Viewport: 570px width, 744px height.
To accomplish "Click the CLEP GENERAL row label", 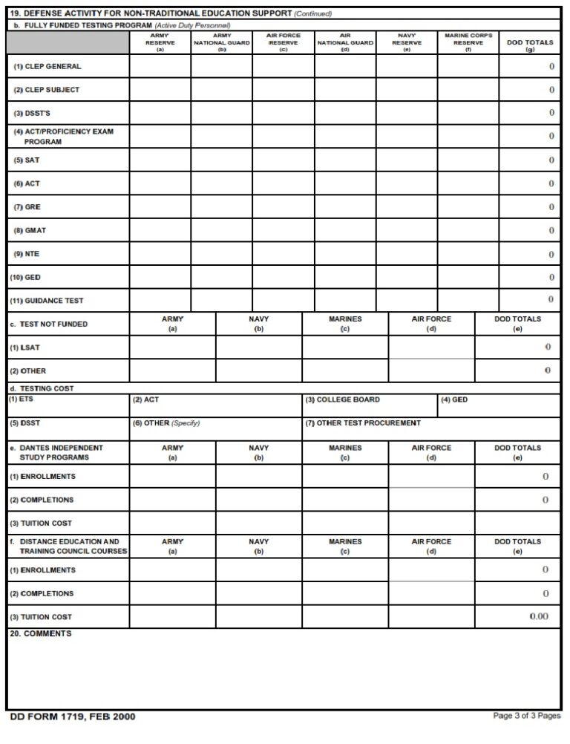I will pyautogui.click(x=47, y=67).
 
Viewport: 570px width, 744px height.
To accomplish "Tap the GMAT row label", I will pyautogui.click(x=31, y=231).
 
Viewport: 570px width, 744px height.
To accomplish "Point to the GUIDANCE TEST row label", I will pyautogui.click(x=46, y=301).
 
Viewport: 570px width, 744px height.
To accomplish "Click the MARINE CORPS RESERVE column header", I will pyautogui.click(x=468, y=42).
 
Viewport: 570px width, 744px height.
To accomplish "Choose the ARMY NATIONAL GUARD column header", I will pyautogui.click(x=222, y=42).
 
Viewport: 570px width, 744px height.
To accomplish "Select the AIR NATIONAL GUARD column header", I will pyautogui.click(x=345, y=42).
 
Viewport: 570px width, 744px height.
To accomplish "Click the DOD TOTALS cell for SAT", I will pyautogui.click(x=529, y=160).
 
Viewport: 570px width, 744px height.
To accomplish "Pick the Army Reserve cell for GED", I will pyautogui.click(x=160, y=277).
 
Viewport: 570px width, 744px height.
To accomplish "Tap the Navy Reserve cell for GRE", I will pyautogui.click(x=406, y=207).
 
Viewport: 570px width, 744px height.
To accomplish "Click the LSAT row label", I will pyautogui.click(x=25, y=347).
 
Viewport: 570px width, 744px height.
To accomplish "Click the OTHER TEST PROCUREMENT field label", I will pyautogui.click(x=363, y=423).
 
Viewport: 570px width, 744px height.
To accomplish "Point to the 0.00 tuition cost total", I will pyautogui.click(x=539, y=617).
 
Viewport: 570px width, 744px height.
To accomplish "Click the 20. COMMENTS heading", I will pyautogui.click(x=41, y=634).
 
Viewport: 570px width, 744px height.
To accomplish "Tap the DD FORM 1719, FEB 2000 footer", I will pyautogui.click(x=73, y=717).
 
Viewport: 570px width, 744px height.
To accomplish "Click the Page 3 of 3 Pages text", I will pyautogui.click(x=527, y=716).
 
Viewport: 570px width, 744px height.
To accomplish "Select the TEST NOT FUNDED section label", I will pyautogui.click(x=48, y=324).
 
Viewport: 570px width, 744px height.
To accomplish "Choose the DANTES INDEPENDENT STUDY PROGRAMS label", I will pyautogui.click(x=56, y=452).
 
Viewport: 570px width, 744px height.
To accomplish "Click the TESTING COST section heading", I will pyautogui.click(x=42, y=388).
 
